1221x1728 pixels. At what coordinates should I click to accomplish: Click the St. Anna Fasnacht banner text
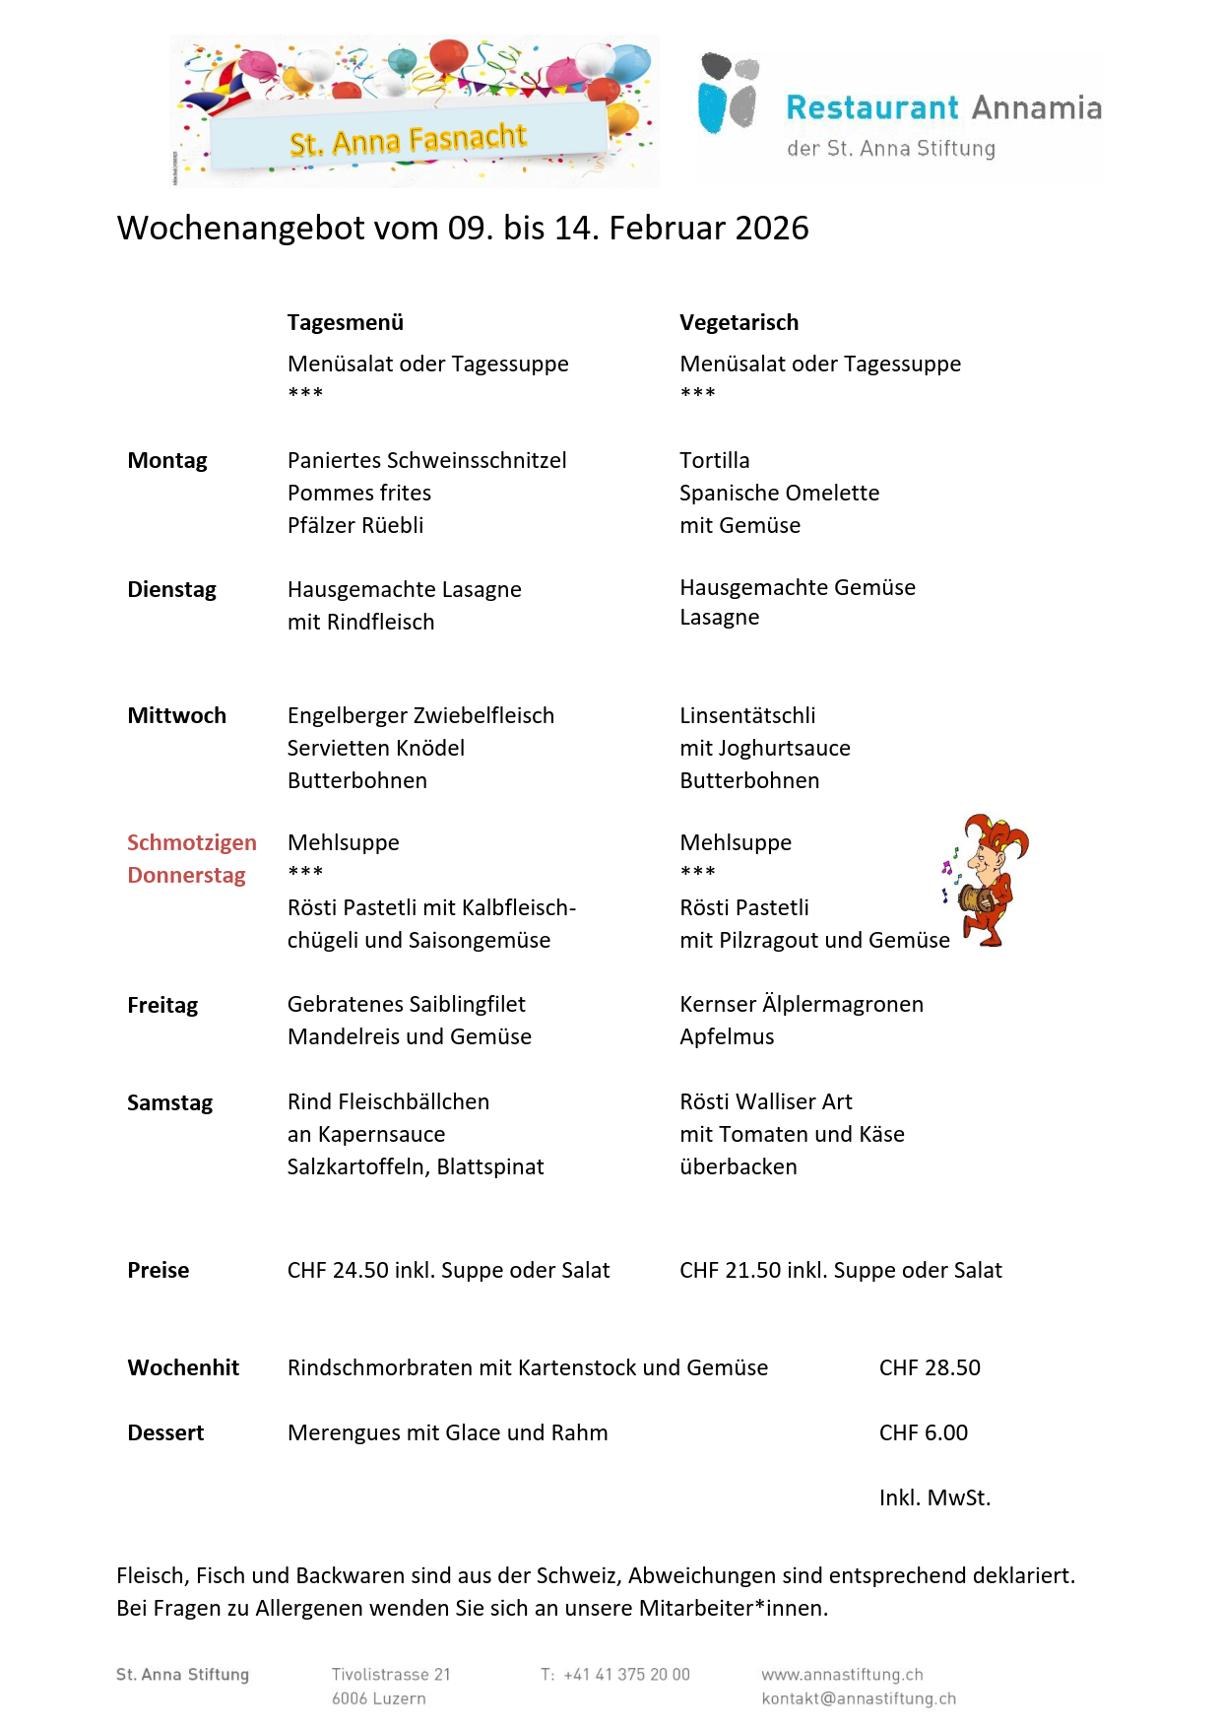tap(408, 140)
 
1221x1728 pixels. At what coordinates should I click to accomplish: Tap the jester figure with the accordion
tap(989, 880)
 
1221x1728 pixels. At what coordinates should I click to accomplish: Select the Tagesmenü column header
tap(346, 322)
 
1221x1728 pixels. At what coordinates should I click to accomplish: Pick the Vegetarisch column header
tap(739, 322)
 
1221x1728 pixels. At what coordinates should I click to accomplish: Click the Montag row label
tap(167, 460)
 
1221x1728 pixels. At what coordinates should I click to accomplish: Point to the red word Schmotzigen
tap(191, 842)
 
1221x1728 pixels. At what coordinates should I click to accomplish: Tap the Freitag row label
tap(162, 1005)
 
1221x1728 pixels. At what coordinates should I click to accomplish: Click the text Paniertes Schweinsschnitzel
tap(426, 460)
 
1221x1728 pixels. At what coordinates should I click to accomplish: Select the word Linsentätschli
tap(747, 715)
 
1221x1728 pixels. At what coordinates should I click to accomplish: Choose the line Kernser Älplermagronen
tap(802, 1004)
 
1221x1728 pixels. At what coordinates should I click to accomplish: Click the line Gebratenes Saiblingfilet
tap(406, 1004)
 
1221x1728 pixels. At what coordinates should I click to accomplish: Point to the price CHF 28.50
tap(930, 1367)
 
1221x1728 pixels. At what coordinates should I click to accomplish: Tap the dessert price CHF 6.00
tap(923, 1432)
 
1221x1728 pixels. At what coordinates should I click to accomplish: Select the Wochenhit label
tap(183, 1367)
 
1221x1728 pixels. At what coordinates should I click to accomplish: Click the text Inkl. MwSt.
tap(934, 1497)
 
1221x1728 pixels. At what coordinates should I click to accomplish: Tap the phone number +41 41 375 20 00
tap(626, 1674)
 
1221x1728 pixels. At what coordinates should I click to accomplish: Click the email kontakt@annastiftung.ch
tap(859, 1698)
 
